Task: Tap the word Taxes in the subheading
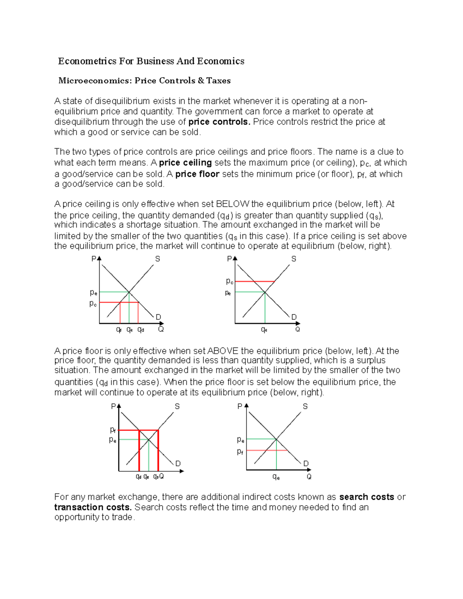coord(218,81)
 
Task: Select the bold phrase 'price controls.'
coord(219,122)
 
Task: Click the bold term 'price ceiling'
coord(185,163)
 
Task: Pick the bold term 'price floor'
coord(197,174)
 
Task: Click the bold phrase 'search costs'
coord(367,497)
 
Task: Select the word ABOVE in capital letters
coord(223,351)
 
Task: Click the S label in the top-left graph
coord(157,259)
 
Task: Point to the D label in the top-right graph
coord(294,317)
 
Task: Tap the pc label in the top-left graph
coord(93,304)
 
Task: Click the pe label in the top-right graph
coord(228,293)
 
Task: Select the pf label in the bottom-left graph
coord(113,430)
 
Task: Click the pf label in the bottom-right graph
coord(240,451)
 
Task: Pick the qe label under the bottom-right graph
coord(276,477)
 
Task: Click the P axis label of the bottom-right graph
coord(240,406)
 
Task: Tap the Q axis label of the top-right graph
coord(297,329)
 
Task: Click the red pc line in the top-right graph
coord(255,282)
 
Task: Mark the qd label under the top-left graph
coord(141,330)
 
